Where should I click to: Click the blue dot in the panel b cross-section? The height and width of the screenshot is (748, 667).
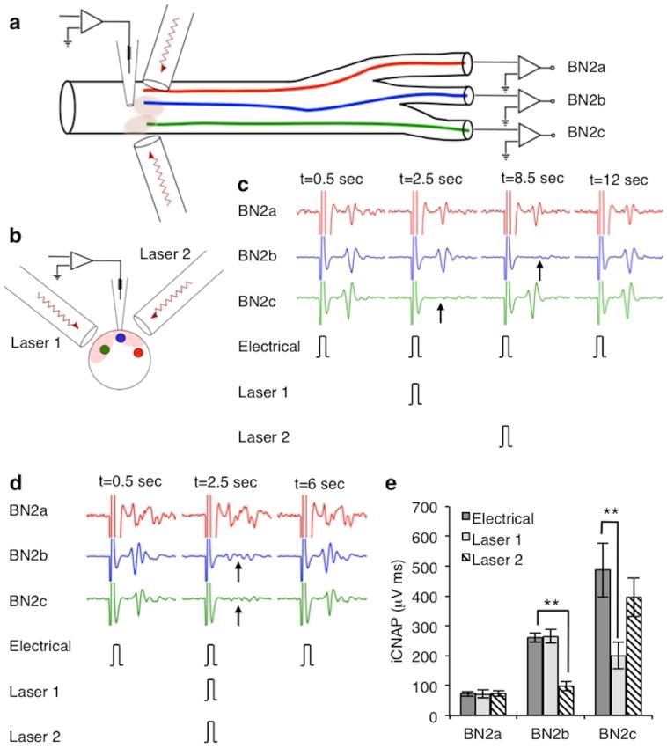coord(121,339)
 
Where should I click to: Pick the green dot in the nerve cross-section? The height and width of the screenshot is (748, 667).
coord(106,351)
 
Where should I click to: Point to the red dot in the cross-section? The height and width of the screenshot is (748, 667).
coord(138,353)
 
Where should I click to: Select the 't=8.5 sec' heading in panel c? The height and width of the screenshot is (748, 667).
coord(531,179)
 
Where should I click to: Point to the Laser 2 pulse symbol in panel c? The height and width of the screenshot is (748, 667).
coord(506,435)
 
